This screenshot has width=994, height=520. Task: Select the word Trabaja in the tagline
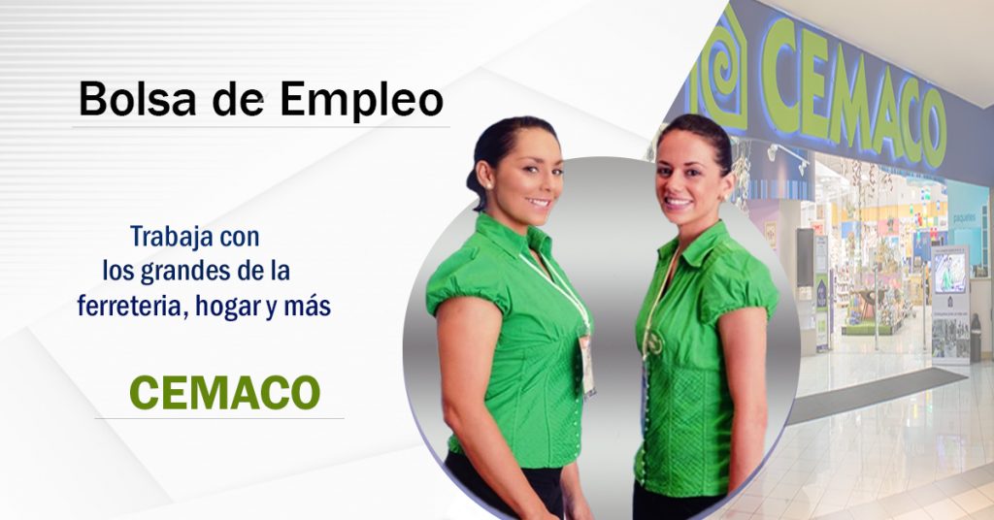166,237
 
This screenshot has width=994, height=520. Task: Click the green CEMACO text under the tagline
224,393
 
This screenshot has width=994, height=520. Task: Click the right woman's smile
678,202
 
